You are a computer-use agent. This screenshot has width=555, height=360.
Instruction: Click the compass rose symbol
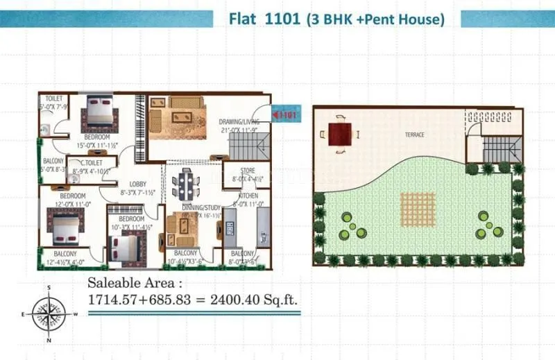pos(48,314)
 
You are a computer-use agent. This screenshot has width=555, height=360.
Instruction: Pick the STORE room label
pos(248,171)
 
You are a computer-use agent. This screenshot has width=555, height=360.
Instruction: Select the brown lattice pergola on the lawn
pos(414,207)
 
